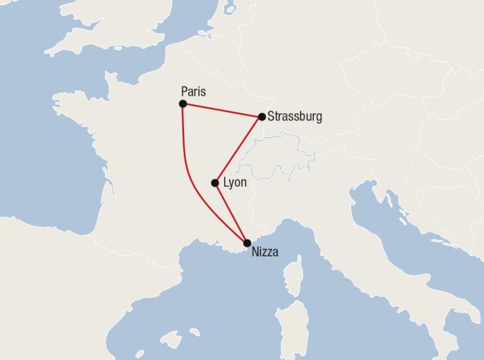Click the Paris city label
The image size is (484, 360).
click(x=194, y=91)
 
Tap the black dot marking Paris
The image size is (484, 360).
click(x=183, y=104)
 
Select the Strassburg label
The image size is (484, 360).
click(x=294, y=116)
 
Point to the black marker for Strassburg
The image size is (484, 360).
click(x=261, y=116)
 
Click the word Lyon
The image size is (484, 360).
click(x=235, y=183)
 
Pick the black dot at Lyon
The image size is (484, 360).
click(x=215, y=183)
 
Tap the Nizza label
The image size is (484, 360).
click(x=265, y=252)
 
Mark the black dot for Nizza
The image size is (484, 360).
click(x=248, y=243)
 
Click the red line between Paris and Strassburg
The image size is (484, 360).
click(x=223, y=110)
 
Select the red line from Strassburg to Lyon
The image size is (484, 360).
click(x=238, y=149)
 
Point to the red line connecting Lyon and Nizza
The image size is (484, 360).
click(x=231, y=212)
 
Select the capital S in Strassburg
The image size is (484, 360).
click(x=271, y=116)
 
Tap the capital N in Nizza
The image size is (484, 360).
click(x=256, y=252)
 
